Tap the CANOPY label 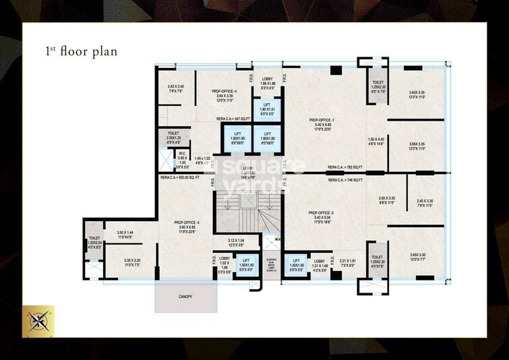[x=185, y=297]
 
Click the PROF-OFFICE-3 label [x=186, y=222]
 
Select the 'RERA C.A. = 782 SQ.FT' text [x=345, y=167]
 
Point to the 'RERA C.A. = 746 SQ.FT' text [x=345, y=181]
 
